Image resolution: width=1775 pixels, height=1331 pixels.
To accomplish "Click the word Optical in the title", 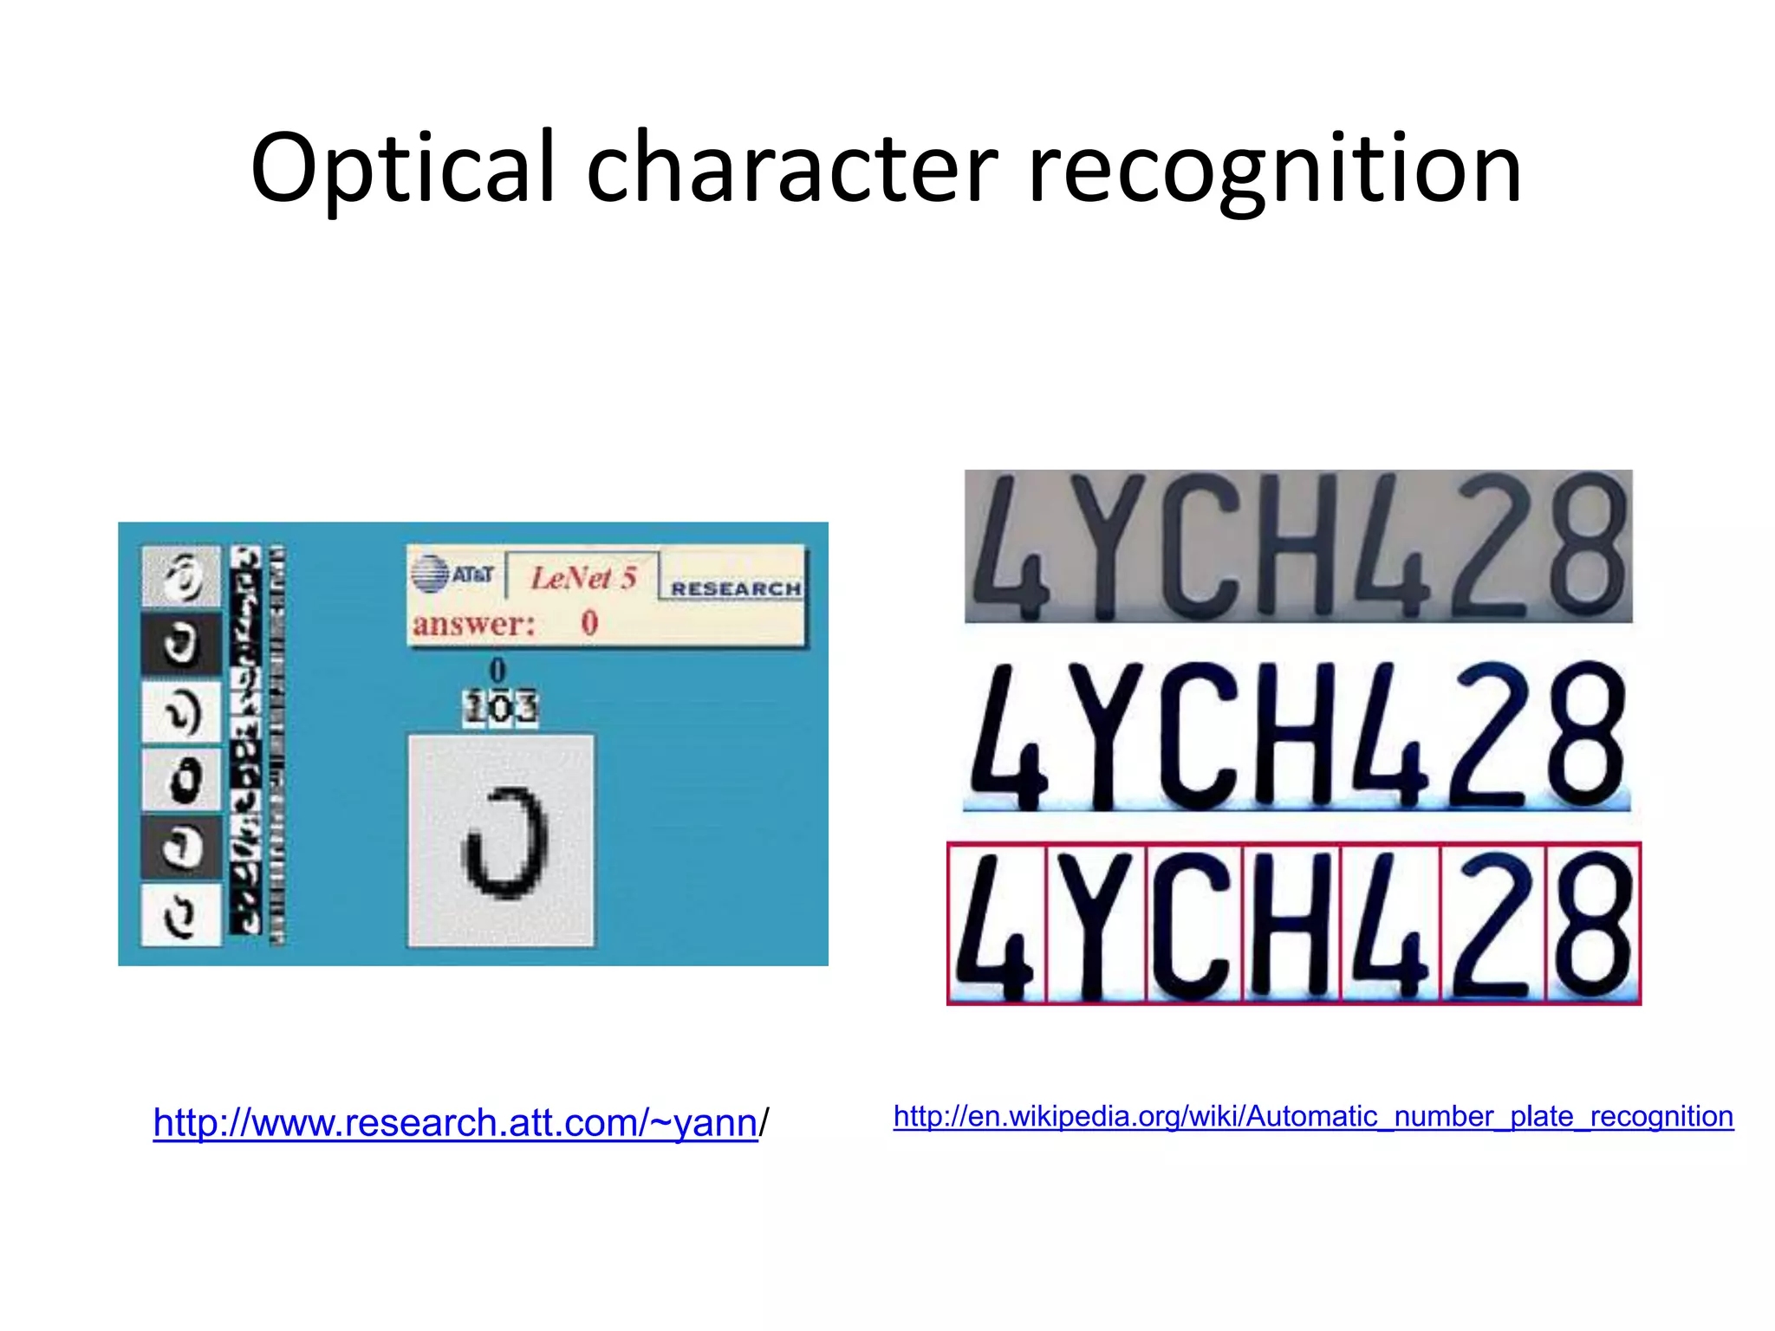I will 402,169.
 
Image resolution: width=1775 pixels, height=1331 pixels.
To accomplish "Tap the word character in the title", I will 792,169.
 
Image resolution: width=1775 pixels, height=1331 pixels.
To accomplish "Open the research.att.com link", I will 455,1123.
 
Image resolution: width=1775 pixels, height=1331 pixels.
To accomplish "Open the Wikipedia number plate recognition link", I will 1313,1116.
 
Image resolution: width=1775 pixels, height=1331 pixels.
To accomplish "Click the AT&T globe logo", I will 430,575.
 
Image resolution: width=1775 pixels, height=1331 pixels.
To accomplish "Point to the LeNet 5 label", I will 583,577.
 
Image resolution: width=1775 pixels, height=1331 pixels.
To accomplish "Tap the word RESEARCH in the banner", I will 736,588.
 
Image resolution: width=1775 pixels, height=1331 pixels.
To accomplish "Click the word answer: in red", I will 473,624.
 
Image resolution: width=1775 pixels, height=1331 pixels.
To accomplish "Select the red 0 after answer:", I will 589,622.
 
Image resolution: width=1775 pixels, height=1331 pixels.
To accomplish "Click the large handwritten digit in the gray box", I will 505,841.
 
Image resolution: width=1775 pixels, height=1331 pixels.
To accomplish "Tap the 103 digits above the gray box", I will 501,707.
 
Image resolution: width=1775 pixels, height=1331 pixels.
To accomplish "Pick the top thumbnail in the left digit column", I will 181,576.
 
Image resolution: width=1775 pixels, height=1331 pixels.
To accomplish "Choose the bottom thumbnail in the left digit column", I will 181,914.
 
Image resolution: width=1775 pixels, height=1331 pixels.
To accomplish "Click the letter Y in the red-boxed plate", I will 1095,924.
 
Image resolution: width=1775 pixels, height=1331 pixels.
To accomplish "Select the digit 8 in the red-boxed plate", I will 1593,924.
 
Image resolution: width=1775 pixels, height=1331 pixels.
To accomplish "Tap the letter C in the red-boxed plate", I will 1193,924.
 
